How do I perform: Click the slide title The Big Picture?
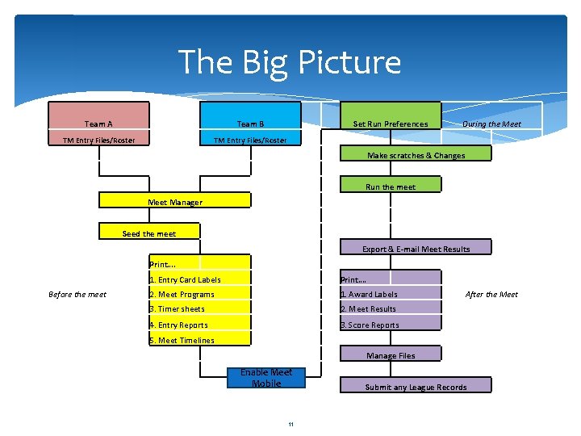[289, 62]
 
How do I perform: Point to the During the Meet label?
[491, 124]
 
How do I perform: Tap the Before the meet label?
[77, 295]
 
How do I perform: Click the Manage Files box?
[391, 354]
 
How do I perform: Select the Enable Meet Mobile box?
[266, 378]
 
